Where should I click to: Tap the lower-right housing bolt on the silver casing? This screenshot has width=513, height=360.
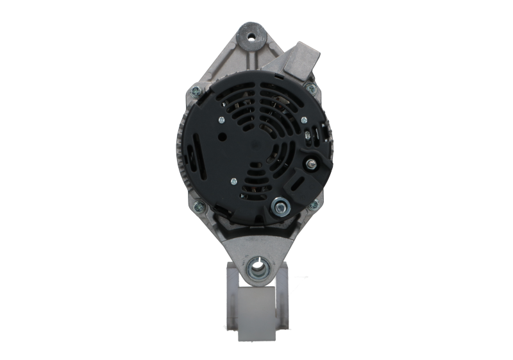(x=314, y=205)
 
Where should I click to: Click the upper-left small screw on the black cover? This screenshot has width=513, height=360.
(x=221, y=119)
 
